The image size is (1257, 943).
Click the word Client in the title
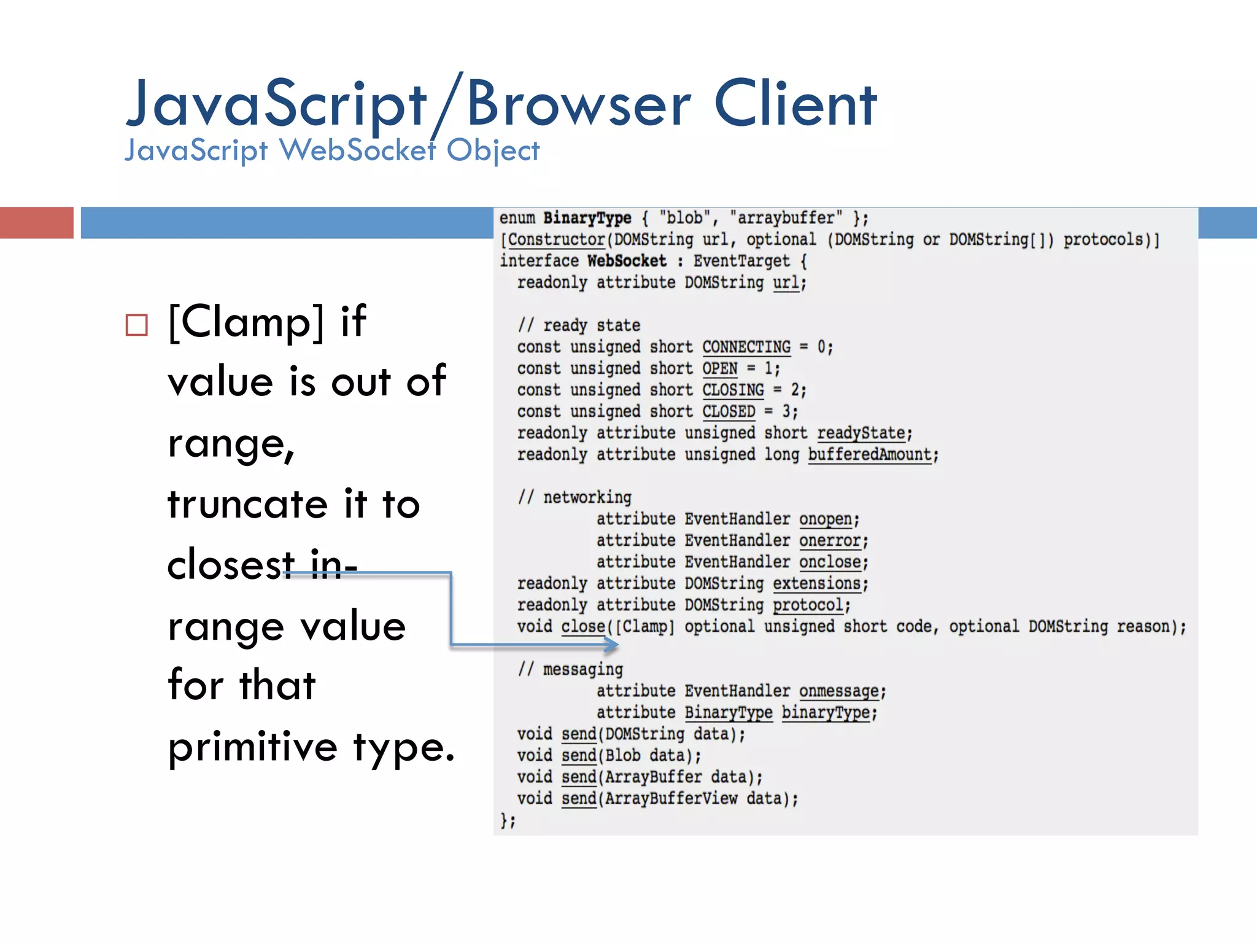click(x=795, y=104)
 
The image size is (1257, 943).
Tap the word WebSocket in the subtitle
click(x=357, y=150)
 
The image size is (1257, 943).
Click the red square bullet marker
click(x=136, y=325)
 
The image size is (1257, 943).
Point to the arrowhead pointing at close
click(x=611, y=645)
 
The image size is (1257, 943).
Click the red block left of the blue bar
click(x=36, y=222)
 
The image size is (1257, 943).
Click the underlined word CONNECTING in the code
click(x=746, y=347)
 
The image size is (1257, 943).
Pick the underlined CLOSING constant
click(x=733, y=390)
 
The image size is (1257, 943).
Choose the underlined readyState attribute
click(x=861, y=433)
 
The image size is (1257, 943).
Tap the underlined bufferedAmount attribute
click(x=869, y=455)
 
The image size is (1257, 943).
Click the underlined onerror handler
click(x=830, y=541)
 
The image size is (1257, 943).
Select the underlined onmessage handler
click(x=838, y=691)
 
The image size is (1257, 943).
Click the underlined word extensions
click(x=816, y=584)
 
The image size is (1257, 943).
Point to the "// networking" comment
click(x=574, y=497)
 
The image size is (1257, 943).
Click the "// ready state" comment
click(x=579, y=325)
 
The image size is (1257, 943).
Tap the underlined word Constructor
click(x=556, y=240)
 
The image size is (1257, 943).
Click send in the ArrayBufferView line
click(x=579, y=799)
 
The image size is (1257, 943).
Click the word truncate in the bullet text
click(x=247, y=505)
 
